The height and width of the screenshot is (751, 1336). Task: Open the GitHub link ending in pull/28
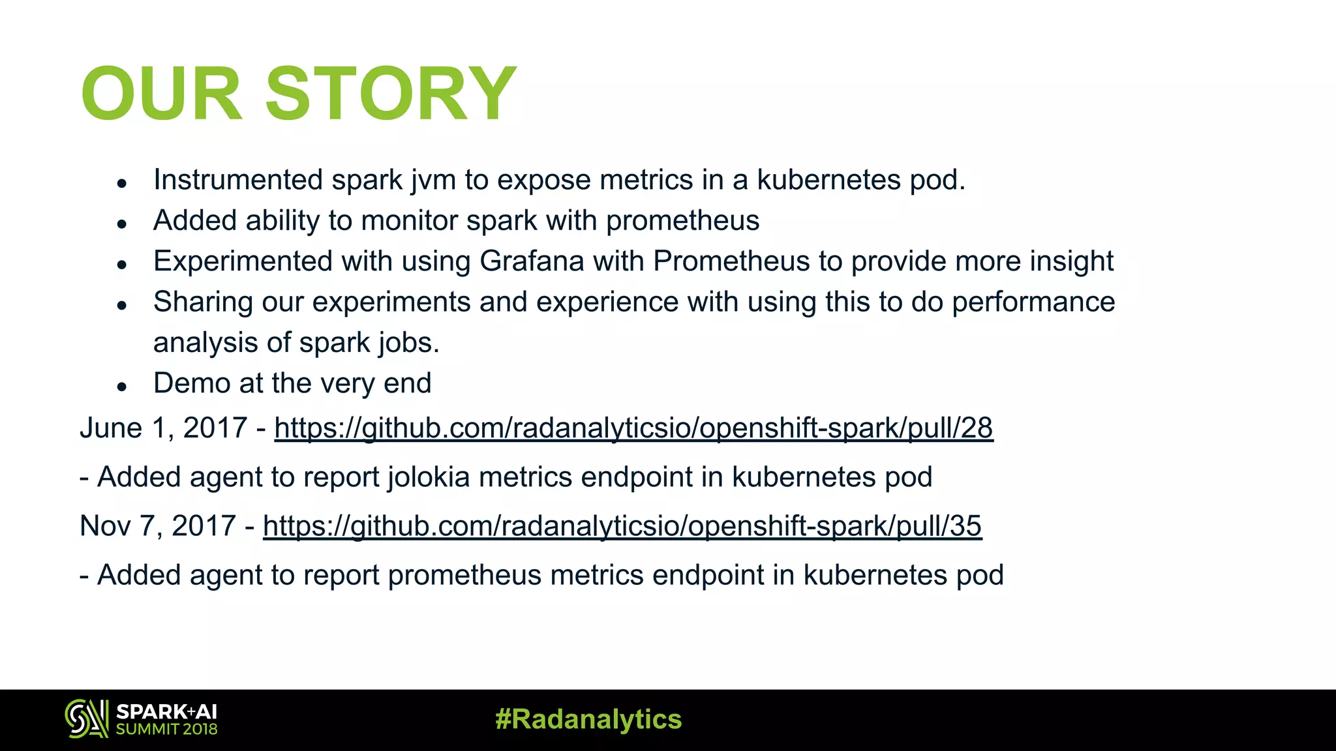pyautogui.click(x=633, y=428)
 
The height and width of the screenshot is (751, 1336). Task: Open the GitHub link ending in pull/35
pyautogui.click(x=622, y=526)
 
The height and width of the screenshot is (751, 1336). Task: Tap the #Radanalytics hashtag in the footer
pyautogui.click(x=588, y=719)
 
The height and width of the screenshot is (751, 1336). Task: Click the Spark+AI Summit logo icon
pyautogui.click(x=86, y=719)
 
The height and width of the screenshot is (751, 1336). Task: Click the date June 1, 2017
pyautogui.click(x=163, y=428)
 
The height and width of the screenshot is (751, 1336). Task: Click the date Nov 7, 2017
pyautogui.click(x=157, y=526)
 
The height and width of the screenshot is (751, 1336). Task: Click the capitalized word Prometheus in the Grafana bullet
pyautogui.click(x=731, y=261)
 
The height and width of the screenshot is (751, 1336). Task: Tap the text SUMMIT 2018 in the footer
pyautogui.click(x=167, y=729)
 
